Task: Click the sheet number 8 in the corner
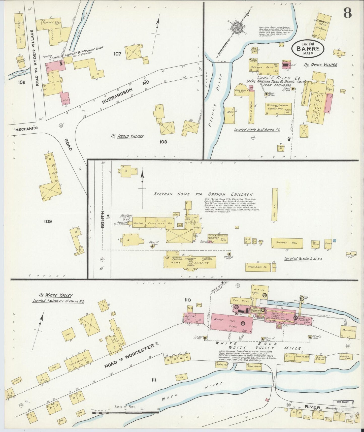point(347,12)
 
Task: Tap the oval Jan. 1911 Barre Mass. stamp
point(308,48)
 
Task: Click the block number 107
point(117,54)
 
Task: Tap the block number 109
point(48,221)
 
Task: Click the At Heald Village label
point(127,136)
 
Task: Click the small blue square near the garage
point(334,240)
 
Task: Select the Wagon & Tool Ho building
point(257,267)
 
